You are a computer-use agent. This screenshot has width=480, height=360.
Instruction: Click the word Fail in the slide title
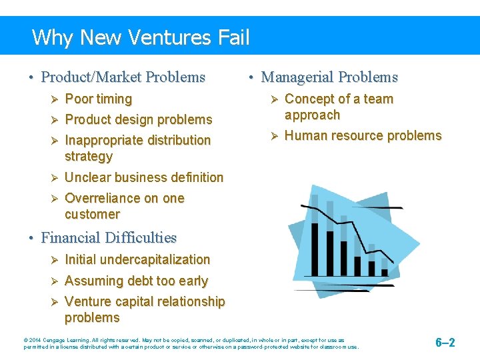pyautogui.click(x=233, y=37)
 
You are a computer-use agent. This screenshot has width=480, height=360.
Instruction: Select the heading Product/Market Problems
pyautogui.click(x=123, y=77)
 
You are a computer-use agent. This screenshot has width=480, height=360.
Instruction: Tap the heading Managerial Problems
pyautogui.click(x=329, y=77)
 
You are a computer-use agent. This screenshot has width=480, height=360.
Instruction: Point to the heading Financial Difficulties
pyautogui.click(x=109, y=238)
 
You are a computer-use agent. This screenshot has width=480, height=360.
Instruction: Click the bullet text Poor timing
pyautogui.click(x=98, y=99)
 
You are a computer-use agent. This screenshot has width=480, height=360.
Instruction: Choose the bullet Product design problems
pyautogui.click(x=138, y=120)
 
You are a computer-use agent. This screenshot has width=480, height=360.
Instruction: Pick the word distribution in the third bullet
pyautogui.click(x=177, y=141)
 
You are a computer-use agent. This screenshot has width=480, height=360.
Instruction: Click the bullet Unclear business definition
pyautogui.click(x=144, y=178)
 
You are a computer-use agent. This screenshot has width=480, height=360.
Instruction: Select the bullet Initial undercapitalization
pyautogui.click(x=137, y=260)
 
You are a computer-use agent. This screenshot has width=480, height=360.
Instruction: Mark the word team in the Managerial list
pyautogui.click(x=378, y=99)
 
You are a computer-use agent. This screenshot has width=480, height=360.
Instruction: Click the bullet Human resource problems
pyautogui.click(x=363, y=136)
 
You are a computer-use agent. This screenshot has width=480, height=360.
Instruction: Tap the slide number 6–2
pyautogui.click(x=445, y=343)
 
